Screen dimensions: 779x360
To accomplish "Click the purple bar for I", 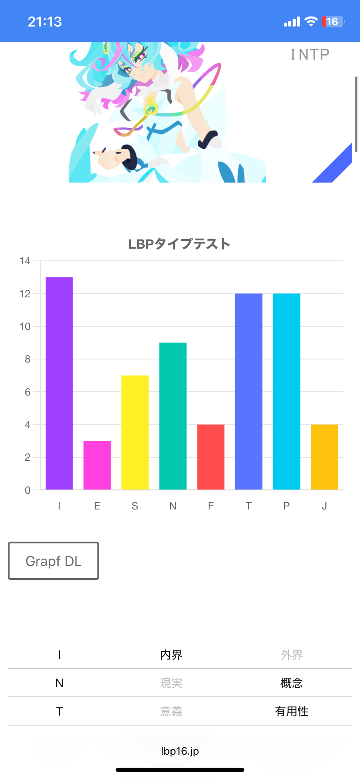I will (59, 383).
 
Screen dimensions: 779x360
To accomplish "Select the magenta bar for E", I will (97, 465).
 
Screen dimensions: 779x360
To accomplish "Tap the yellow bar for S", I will (135, 433).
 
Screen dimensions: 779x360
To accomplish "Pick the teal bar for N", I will (173, 416).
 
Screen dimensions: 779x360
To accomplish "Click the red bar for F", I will (210, 457).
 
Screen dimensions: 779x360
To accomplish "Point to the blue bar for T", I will (248, 392).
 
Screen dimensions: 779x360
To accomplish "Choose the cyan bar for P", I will (286, 392).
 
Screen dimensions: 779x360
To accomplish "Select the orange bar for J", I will (324, 457).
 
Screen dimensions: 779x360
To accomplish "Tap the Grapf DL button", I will (53, 561).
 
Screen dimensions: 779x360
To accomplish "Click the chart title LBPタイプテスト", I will (179, 244).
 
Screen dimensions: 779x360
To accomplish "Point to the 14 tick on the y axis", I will (25, 261).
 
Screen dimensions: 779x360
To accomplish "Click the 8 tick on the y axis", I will (27, 359).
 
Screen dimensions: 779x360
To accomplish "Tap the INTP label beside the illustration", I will (310, 54).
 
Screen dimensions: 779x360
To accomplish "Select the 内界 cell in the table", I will (171, 655).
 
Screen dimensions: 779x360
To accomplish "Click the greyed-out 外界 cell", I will (292, 655).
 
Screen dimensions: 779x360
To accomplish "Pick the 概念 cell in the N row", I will (292, 683).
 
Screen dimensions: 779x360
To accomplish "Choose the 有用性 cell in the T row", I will (292, 711).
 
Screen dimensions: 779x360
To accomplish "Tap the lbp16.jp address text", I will (180, 751).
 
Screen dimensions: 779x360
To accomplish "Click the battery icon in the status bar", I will (333, 22).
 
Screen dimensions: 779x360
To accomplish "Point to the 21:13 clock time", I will (45, 22).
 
